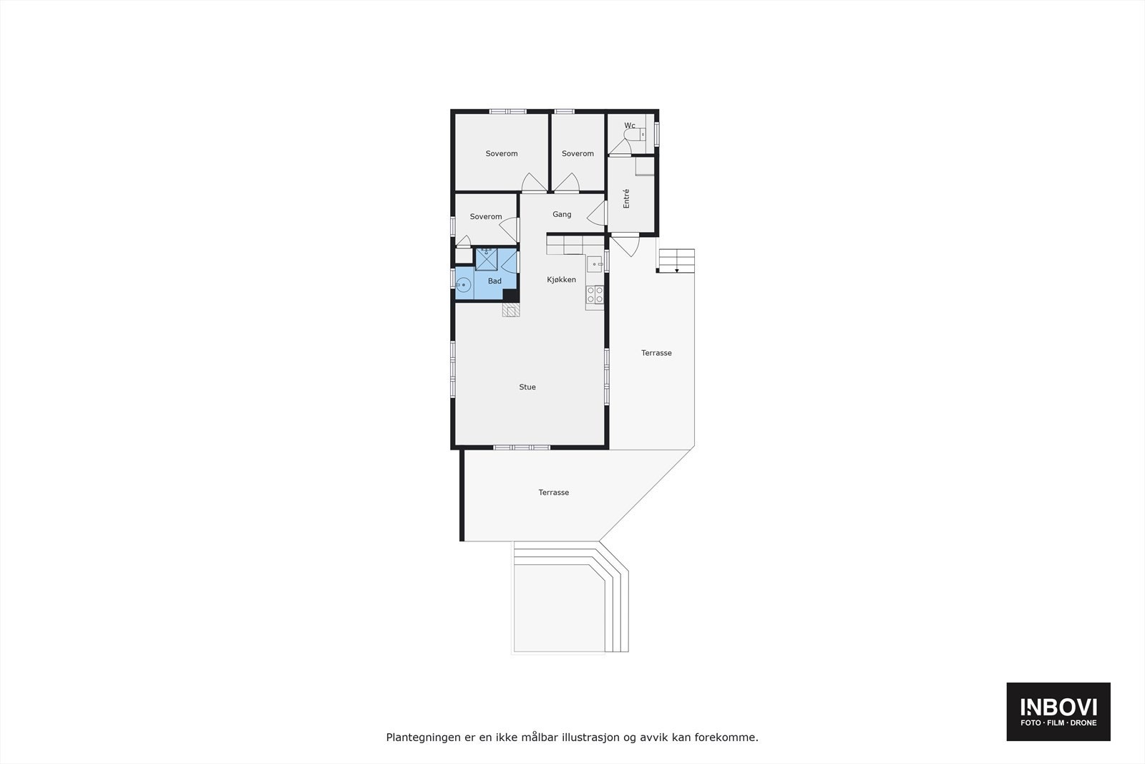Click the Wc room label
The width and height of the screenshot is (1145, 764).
pos(630,126)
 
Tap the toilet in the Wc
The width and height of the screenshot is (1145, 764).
pos(640,134)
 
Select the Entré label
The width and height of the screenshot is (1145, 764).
pos(626,198)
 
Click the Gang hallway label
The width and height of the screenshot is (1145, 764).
pos(562,214)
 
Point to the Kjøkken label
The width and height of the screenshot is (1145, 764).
pos(561,280)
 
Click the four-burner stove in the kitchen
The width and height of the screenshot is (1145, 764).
pos(595,295)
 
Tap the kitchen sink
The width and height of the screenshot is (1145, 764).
pos(595,265)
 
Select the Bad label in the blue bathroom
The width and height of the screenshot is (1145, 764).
pos(494,281)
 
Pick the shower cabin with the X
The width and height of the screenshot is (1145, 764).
pos(487,258)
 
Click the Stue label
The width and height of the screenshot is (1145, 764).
pos(527,387)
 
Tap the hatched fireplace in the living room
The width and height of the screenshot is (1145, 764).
pos(510,310)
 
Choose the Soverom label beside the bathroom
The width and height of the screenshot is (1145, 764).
pos(486,217)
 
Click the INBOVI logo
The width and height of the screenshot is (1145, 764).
pos(1058,711)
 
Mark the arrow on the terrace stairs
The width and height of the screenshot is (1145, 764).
pos(677,269)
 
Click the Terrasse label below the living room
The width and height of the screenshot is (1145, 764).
pos(554,493)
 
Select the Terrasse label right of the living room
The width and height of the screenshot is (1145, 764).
pos(656,353)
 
